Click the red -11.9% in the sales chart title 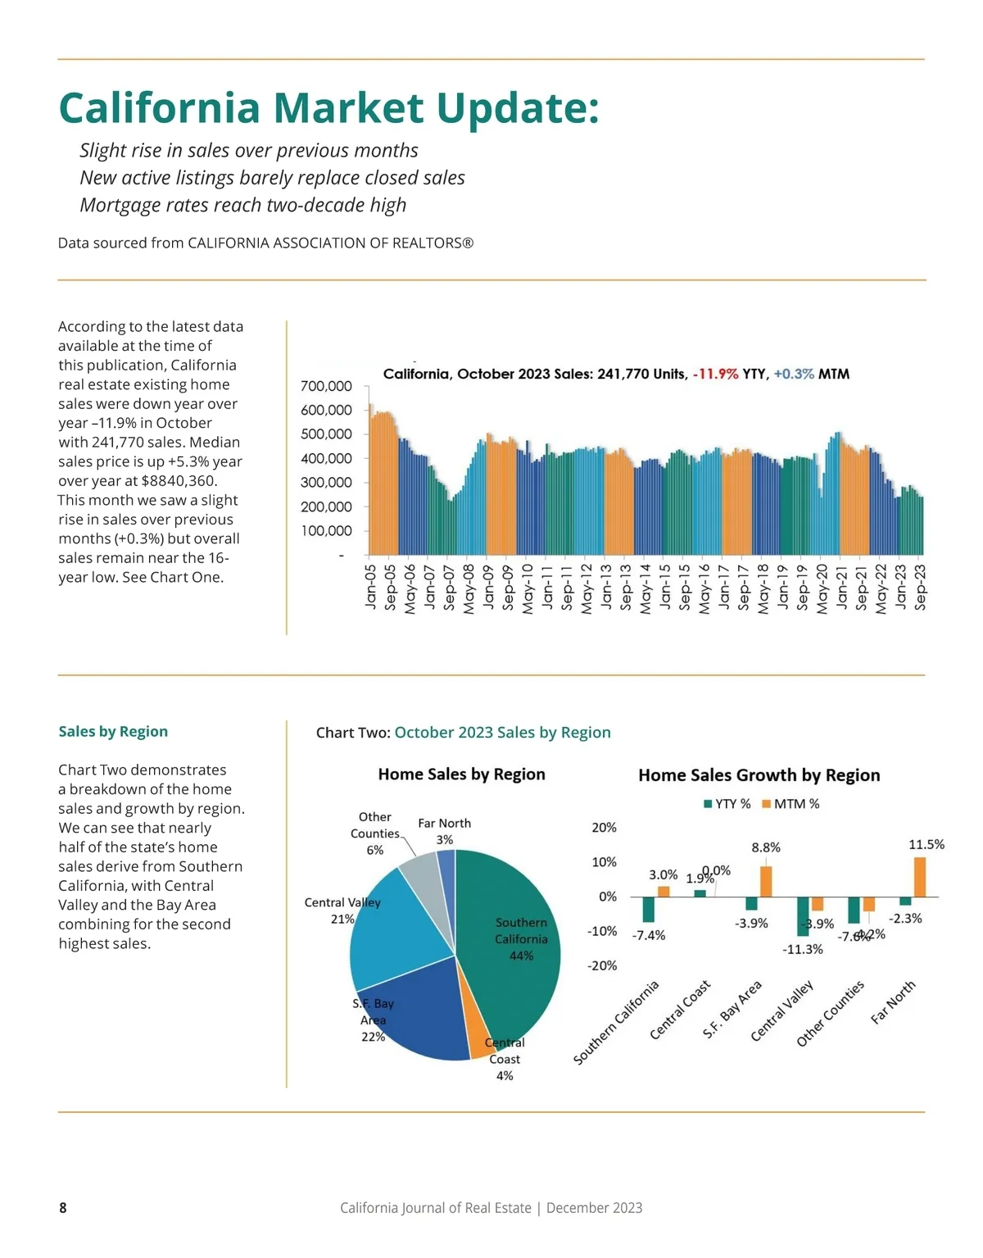click(715, 374)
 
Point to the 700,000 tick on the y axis click(326, 386)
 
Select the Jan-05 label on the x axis click(370, 586)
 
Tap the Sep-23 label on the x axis click(920, 587)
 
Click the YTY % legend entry click(727, 804)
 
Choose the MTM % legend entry click(790, 804)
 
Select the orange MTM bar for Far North click(920, 877)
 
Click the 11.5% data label click(926, 844)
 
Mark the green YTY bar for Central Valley click(803, 916)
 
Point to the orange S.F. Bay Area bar click(766, 881)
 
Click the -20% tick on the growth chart click(602, 965)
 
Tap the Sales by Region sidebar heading click(113, 731)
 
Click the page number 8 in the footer click(63, 1207)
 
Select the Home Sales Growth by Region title click(759, 775)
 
